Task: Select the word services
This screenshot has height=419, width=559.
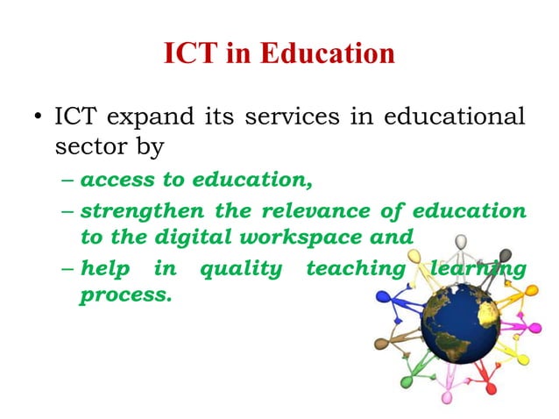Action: [289, 117]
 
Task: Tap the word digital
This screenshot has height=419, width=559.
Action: [205, 237]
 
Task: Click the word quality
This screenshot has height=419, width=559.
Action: [241, 268]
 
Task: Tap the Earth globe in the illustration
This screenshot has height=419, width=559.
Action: [461, 328]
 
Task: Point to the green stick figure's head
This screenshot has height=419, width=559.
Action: [406, 382]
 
